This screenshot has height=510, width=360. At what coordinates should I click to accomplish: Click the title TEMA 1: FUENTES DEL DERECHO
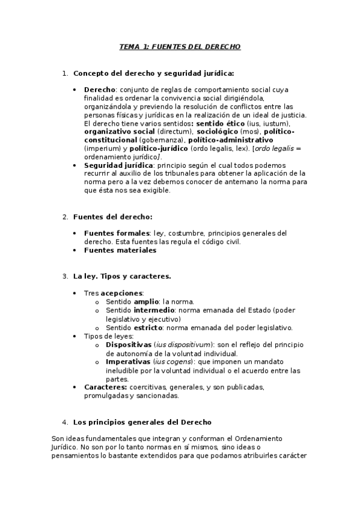pyautogui.click(x=180, y=46)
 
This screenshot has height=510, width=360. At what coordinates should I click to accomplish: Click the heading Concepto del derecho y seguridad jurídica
pyautogui.click(x=153, y=73)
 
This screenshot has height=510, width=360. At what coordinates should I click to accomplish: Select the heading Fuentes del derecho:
pyautogui.click(x=112, y=217)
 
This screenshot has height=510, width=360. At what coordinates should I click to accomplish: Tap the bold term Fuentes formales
pyautogui.click(x=117, y=233)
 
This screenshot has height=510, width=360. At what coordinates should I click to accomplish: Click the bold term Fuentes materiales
pyautogui.click(x=120, y=250)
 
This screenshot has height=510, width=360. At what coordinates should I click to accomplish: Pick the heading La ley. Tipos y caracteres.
pyautogui.click(x=122, y=276)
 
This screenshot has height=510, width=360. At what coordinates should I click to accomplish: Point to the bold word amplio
pyautogui.click(x=146, y=301)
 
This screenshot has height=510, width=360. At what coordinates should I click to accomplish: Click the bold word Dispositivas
pyautogui.click(x=127, y=345)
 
